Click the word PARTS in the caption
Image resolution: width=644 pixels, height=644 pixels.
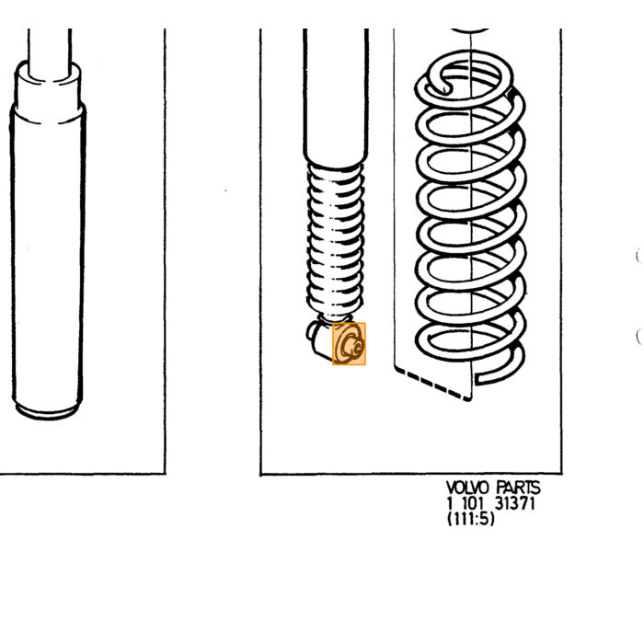coord(518,488)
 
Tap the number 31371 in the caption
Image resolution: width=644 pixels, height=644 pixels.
coord(514,503)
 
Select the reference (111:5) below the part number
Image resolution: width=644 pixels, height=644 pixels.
coord(471,519)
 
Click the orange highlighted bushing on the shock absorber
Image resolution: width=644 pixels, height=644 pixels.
coord(349,344)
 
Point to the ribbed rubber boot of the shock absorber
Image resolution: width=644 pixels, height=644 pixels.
coord(336,240)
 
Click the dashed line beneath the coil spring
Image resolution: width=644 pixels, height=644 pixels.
coord(432,384)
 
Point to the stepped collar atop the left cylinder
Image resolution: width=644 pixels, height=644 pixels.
coord(48,91)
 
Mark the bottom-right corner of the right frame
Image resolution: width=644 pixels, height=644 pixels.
coord(561,474)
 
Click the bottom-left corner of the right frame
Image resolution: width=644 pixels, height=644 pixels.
coord(260,474)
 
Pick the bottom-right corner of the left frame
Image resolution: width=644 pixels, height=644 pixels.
coord(165,474)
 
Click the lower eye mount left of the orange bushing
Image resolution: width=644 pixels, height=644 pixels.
coord(320,338)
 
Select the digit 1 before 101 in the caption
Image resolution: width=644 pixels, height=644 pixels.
coord(449,503)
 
